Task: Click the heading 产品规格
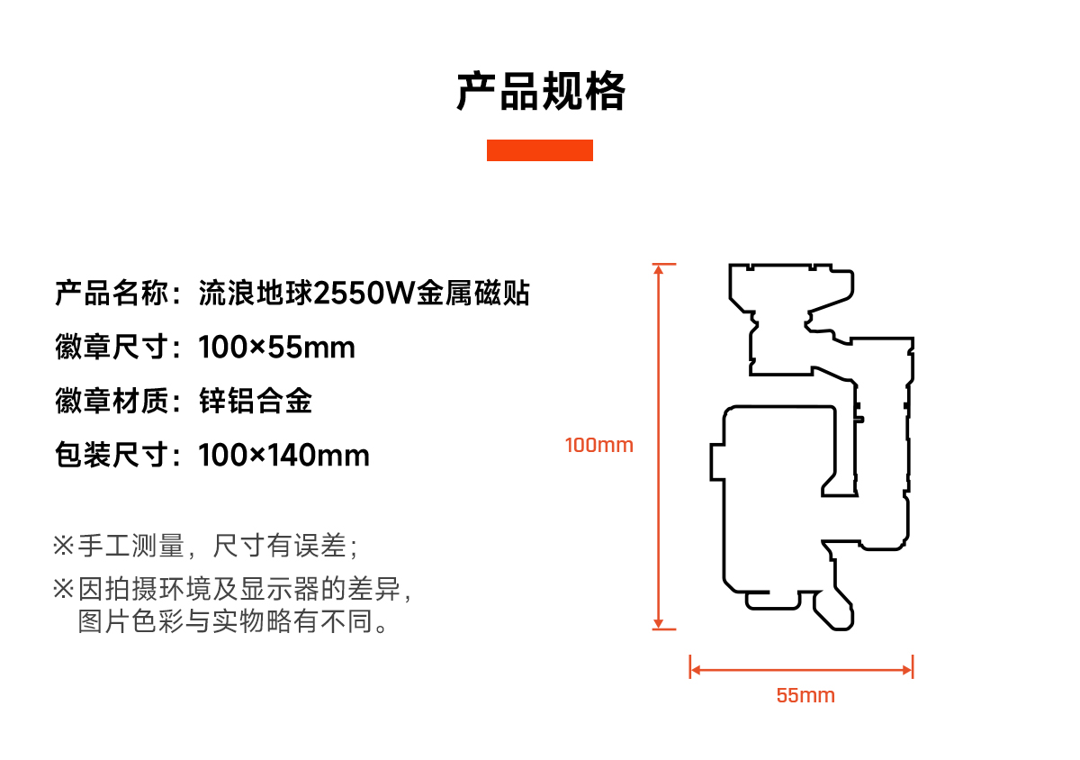point(540,92)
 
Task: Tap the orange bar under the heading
point(540,150)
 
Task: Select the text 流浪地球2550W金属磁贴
point(364,294)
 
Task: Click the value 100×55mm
point(277,348)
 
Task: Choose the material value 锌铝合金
point(256,402)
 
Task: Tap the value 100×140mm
point(284,456)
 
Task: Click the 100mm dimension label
point(599,445)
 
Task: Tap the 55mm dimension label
point(805,695)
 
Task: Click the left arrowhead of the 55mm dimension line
point(695,669)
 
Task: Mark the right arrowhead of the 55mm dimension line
point(908,669)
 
